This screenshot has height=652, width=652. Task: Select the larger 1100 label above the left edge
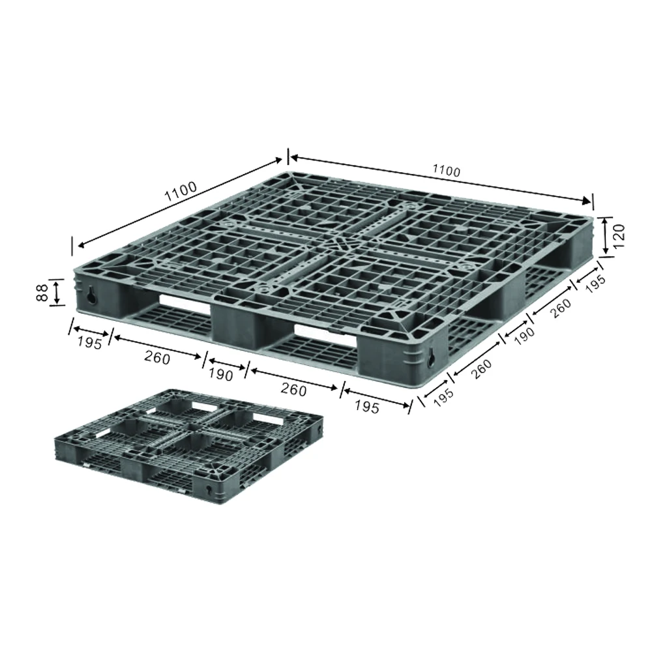[180, 192]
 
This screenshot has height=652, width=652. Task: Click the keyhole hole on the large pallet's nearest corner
[431, 356]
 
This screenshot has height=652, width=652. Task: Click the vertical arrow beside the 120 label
[606, 236]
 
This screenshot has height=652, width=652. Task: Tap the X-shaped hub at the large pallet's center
[338, 243]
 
